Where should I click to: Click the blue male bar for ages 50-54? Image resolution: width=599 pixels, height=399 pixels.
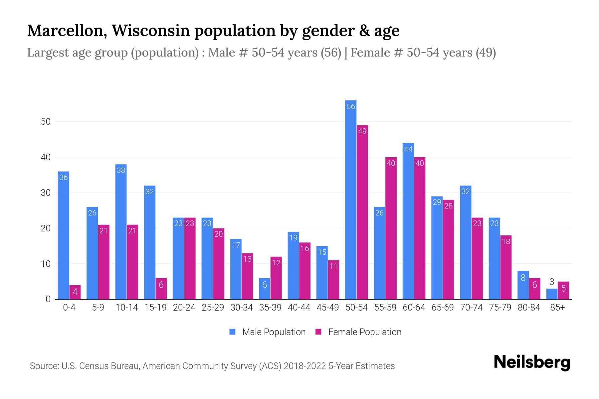(351, 199)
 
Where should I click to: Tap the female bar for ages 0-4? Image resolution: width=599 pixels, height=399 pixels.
(75, 292)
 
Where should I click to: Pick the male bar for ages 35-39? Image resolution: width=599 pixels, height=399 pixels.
(265, 289)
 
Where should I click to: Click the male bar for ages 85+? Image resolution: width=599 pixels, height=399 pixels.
(552, 294)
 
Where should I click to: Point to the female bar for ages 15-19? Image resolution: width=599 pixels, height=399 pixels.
(161, 289)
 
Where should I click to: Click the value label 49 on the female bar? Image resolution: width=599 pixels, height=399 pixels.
(362, 131)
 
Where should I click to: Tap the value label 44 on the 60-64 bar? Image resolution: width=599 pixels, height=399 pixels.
(408, 149)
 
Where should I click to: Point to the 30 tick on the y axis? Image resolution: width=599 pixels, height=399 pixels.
(46, 193)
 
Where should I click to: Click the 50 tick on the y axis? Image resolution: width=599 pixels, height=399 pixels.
(46, 122)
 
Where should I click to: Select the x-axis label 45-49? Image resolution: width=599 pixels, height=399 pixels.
(328, 308)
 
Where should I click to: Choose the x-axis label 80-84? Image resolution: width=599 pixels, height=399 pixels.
(529, 308)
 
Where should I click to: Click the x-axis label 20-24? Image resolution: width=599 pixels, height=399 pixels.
(184, 308)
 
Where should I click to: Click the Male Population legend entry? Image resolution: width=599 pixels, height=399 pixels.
(268, 332)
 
